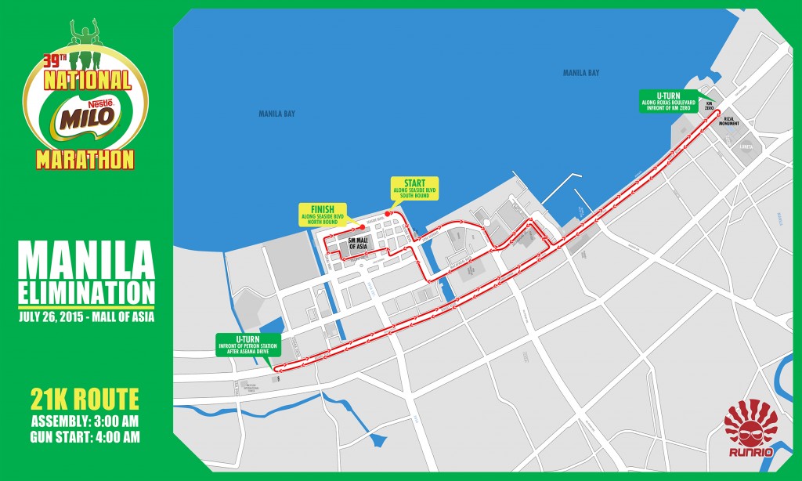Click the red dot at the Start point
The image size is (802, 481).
(386, 214)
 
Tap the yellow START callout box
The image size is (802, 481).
(414, 190)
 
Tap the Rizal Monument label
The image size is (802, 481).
(732, 121)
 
